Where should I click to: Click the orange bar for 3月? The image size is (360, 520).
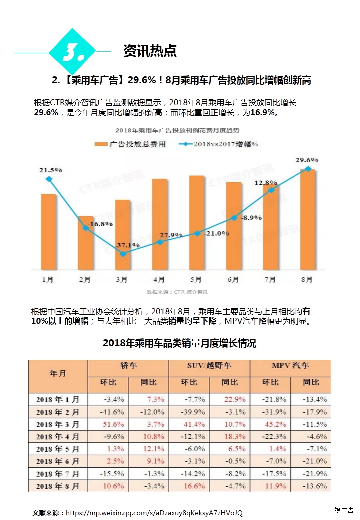point(123,235)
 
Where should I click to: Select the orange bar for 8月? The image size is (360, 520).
point(308,220)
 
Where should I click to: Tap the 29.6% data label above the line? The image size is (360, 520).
point(307,160)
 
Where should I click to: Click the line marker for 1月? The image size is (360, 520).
point(48,179)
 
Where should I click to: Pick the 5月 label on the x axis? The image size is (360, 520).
point(196,280)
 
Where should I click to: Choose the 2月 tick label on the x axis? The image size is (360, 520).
point(85,280)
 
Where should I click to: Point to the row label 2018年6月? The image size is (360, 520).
point(58,461)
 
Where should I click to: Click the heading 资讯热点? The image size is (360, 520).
point(150,51)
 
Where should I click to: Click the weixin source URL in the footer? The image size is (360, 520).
point(154,513)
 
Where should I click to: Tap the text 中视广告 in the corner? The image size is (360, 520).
point(340,510)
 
